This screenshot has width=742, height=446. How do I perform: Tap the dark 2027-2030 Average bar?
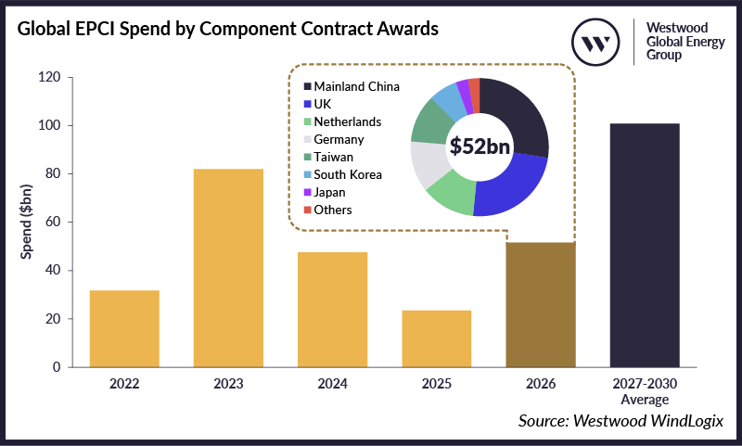tap(644, 245)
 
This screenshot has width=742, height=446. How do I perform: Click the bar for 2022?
tap(124, 328)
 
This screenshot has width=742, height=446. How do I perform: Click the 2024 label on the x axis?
tap(332, 383)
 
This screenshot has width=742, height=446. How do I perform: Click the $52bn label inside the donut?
tap(480, 147)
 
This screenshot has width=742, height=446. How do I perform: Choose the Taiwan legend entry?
tap(333, 157)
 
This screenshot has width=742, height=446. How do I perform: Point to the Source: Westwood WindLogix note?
tap(620, 422)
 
